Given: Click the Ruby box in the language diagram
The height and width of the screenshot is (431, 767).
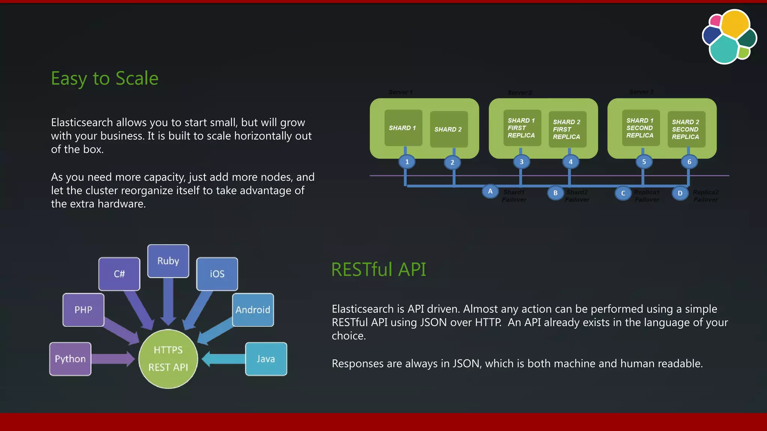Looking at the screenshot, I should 168,261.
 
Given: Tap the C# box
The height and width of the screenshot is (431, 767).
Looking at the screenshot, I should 119,274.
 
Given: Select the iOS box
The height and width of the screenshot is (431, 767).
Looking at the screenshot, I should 217,274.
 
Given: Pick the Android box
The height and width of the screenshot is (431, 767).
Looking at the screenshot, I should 253,310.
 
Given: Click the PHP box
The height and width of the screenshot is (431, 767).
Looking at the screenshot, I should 83,310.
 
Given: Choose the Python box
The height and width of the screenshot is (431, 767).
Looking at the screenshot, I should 70,359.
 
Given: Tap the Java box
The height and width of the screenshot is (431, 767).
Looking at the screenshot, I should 266,359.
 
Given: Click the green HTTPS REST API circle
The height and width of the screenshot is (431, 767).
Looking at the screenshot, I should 168,359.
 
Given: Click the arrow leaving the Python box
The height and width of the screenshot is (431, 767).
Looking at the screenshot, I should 113,359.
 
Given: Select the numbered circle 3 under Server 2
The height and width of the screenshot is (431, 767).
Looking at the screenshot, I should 521,162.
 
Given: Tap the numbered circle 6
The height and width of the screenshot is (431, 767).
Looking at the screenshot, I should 689,162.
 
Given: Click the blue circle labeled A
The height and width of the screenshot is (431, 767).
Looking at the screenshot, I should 490,192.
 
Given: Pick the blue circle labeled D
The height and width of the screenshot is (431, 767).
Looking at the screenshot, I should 680,193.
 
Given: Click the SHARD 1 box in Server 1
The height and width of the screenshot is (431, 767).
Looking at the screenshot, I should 403,128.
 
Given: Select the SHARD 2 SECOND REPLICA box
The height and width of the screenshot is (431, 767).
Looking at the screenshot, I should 686,129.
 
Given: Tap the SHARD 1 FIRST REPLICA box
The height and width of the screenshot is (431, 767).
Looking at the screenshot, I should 522,128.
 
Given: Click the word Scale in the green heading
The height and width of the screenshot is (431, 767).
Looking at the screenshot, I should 137,79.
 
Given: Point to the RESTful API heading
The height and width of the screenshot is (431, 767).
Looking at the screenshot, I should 379,269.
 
